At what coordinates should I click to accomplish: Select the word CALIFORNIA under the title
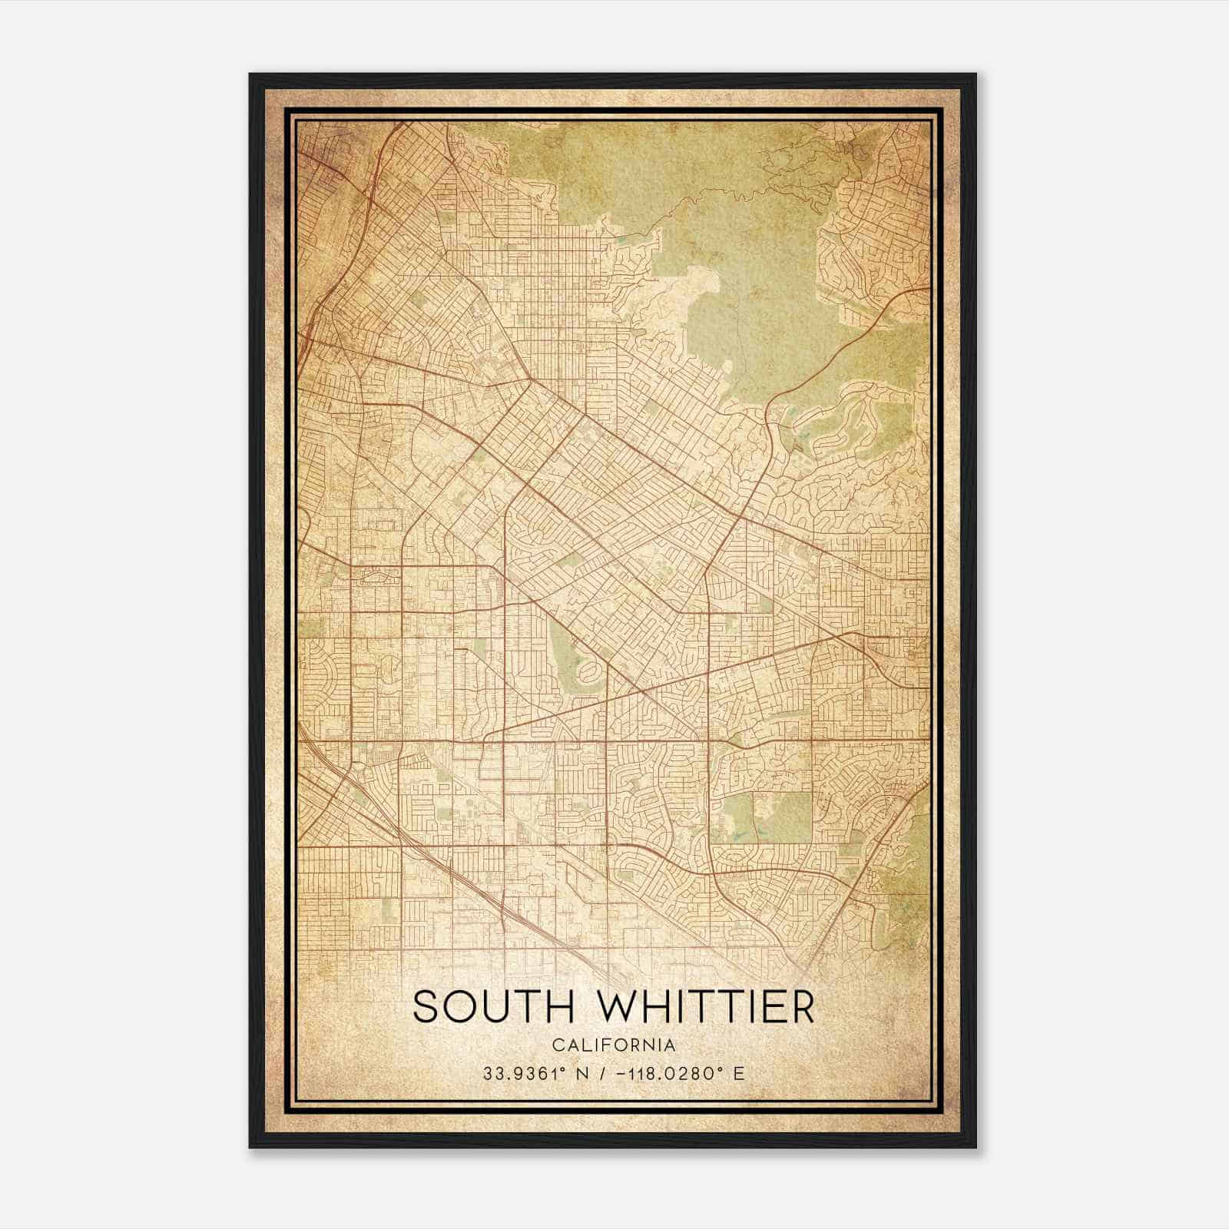pos(614,1045)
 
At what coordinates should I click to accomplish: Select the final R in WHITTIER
pos(802,1006)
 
